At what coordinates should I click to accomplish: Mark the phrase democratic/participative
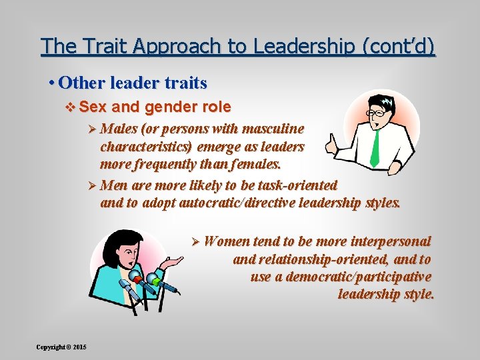coord(358,277)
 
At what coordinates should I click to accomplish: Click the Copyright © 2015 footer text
coord(61,347)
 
